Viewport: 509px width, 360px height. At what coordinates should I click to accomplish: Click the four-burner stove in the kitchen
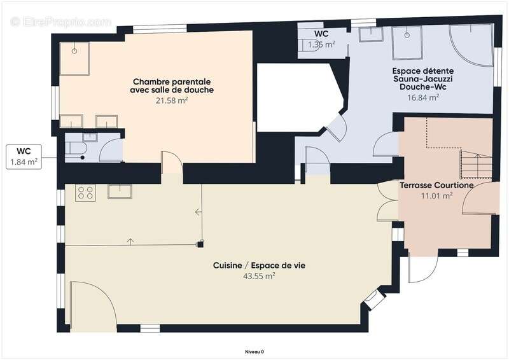tap(85, 193)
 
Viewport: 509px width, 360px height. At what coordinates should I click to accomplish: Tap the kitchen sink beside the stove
tap(120, 191)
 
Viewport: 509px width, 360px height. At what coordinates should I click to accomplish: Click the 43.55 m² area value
tap(259, 276)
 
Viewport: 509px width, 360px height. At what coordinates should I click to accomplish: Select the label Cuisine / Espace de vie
tap(259, 265)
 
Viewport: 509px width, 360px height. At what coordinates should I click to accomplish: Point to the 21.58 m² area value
tap(172, 100)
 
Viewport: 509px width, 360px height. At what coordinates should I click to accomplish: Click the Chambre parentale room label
tap(172, 82)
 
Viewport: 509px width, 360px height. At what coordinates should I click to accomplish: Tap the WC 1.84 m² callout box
tap(24, 157)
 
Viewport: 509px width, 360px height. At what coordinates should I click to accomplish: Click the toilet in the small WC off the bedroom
tap(76, 149)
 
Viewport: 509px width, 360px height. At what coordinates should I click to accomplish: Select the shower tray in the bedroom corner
tap(74, 59)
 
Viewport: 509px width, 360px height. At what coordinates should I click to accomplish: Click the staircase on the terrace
tap(476, 164)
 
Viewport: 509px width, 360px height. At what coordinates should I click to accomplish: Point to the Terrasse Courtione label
tap(436, 185)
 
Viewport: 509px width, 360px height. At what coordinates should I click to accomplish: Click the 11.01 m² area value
tap(436, 196)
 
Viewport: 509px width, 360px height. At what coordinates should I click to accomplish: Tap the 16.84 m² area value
tap(423, 97)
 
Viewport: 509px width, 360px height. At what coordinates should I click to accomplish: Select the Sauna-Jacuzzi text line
tap(423, 79)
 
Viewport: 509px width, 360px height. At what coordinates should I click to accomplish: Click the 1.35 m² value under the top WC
tap(321, 45)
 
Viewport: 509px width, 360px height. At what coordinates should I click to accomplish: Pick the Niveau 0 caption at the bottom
tap(254, 352)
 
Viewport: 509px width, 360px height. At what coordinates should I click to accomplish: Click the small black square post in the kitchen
tap(200, 244)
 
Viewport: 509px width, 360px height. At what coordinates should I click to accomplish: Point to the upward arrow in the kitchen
tap(130, 242)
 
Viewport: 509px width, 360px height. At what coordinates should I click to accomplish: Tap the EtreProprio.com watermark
tap(61, 22)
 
